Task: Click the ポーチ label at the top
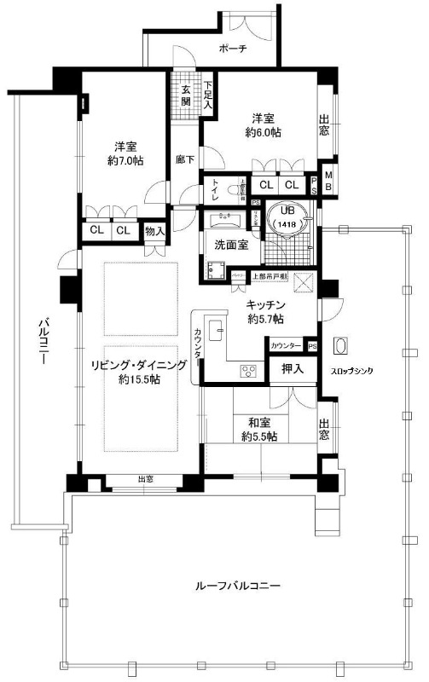click(x=232, y=49)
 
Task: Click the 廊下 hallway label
click(x=184, y=159)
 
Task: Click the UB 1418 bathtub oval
click(x=285, y=219)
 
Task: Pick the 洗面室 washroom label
click(x=230, y=244)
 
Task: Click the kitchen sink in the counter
click(x=216, y=328)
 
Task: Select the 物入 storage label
click(x=154, y=231)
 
